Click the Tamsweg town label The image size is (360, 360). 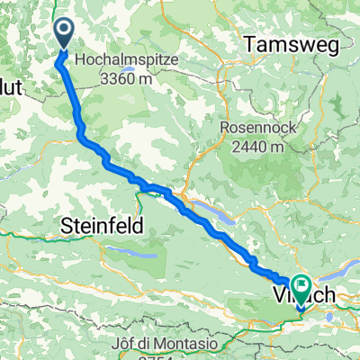point(286,42)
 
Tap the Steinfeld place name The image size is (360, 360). point(103,228)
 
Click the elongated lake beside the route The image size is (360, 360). point(215,214)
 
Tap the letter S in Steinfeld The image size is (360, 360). point(66,228)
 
